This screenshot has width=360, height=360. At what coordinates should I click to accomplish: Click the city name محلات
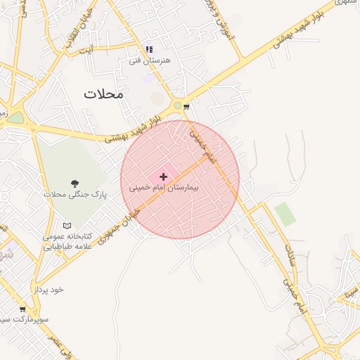(103, 94)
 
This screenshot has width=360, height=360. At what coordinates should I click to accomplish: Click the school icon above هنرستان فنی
(148, 49)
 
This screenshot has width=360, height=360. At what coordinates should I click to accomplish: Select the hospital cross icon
(164, 176)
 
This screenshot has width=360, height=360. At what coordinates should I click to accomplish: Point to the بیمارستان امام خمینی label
(165, 188)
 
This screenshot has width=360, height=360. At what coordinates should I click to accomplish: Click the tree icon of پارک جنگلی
(75, 184)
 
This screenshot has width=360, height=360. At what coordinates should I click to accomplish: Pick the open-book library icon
(67, 226)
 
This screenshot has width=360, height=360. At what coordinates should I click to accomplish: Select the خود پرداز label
(47, 290)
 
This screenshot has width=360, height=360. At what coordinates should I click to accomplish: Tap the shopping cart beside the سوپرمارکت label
(22, 309)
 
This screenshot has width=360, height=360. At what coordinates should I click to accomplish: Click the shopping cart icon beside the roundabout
(186, 107)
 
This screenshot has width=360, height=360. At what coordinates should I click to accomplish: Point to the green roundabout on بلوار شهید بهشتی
(178, 105)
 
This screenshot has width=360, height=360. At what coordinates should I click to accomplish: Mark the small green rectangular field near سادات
(285, 214)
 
